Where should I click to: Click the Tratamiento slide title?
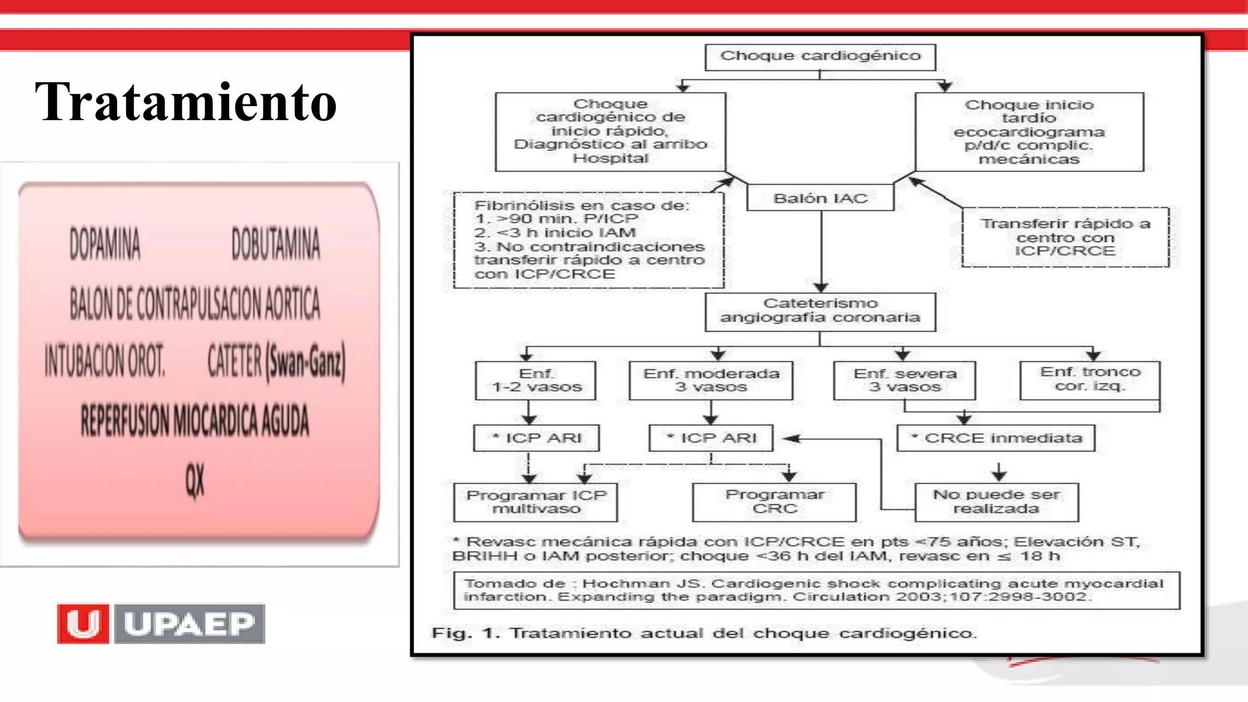point(186,102)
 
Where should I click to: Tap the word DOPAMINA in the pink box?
point(105,244)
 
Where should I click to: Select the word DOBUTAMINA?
point(275,244)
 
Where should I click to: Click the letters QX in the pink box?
point(195,480)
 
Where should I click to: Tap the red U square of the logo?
point(83,623)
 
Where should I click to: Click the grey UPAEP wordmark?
point(190,623)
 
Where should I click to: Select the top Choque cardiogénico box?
point(820,57)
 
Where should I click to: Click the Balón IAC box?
point(820,198)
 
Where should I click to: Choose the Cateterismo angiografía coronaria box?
point(820,311)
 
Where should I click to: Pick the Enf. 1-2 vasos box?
point(536,380)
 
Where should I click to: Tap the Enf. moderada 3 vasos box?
point(711,380)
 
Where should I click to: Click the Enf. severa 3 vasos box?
point(905,380)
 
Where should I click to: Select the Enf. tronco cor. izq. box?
point(1090,379)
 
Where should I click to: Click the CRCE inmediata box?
point(996,438)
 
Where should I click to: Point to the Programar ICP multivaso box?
point(536,502)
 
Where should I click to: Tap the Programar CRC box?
point(775,502)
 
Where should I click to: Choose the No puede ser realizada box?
point(996,502)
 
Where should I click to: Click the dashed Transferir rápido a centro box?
point(1065,237)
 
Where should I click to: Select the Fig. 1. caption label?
point(466,633)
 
